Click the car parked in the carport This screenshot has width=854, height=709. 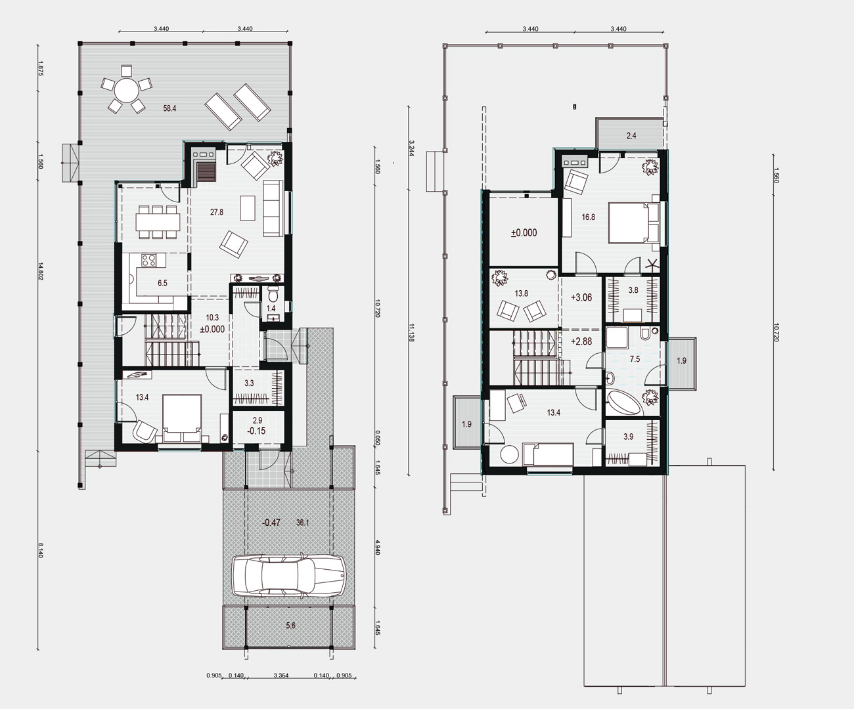coord(289,576)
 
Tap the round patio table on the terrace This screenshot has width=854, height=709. coord(126,91)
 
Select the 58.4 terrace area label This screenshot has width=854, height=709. coord(169,108)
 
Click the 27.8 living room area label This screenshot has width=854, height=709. coord(216,211)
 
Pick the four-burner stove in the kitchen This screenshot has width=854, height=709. coord(148,260)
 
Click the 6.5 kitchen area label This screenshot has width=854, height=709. coord(162,283)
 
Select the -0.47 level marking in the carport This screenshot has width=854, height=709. coord(271,523)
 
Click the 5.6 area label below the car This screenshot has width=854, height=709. coord(290,625)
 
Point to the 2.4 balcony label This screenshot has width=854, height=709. coord(631,135)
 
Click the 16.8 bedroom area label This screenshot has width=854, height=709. coord(588,217)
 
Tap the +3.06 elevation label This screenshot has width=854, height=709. coord(581,297)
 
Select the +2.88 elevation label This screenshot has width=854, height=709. coord(581,341)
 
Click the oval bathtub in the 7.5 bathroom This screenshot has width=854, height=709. coord(623,403)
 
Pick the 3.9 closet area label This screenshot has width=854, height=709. coord(628,437)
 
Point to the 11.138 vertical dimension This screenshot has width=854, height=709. coord(411,332)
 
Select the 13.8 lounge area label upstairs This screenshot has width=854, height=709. coord(521,293)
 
